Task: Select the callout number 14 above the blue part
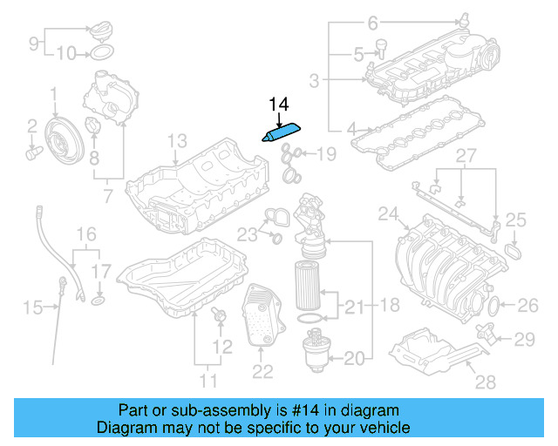point(278,105)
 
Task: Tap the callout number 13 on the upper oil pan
point(177,140)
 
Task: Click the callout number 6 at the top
point(372,22)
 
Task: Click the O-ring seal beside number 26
point(494,306)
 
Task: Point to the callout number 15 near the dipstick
point(32,306)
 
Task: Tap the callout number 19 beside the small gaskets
point(325,155)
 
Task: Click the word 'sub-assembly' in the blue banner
point(235,410)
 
